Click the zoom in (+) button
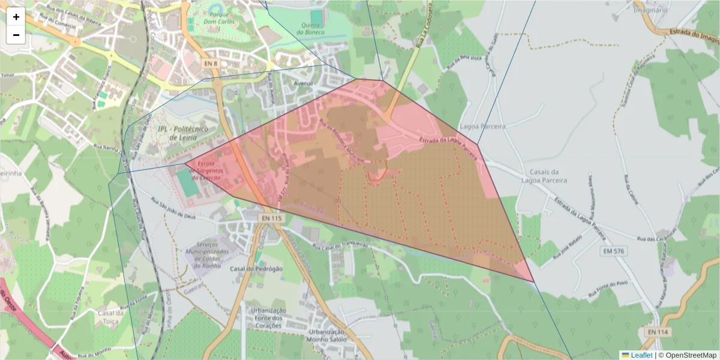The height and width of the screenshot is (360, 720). [16, 17]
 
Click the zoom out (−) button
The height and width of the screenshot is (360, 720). [16, 35]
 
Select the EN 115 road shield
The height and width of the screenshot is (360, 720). [272, 219]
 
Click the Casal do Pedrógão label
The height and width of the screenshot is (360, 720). [256, 269]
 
